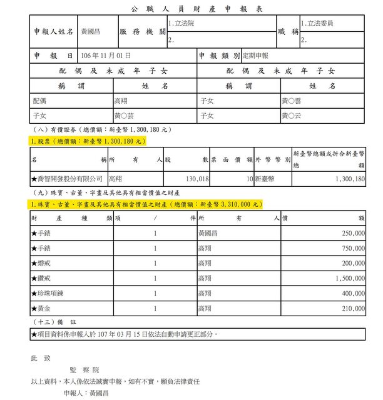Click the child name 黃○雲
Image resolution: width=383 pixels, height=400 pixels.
(292, 101)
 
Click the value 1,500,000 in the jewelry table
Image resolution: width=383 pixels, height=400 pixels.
(348, 277)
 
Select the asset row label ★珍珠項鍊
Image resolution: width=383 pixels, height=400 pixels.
(49, 292)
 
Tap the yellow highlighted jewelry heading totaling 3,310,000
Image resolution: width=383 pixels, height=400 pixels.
(145, 204)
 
